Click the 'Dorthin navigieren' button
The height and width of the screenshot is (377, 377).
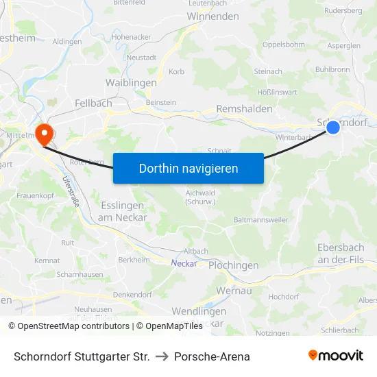(188, 168)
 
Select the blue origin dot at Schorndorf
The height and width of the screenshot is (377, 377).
(333, 127)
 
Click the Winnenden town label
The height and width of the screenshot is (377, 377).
(212, 16)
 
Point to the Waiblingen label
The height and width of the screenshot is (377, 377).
(131, 82)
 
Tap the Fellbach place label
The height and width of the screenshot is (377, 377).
(93, 103)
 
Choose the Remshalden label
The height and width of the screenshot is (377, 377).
(244, 109)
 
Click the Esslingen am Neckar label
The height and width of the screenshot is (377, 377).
(121, 211)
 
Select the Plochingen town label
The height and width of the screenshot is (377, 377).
(233, 265)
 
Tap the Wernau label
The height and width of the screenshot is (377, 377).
(234, 291)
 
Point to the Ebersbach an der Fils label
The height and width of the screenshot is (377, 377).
(345, 253)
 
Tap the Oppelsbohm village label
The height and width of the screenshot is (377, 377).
(283, 45)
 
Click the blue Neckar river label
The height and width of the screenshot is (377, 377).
(184, 263)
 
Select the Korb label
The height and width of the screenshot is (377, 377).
(176, 71)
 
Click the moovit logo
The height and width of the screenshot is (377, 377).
(336, 356)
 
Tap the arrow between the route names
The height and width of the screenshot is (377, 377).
(162, 356)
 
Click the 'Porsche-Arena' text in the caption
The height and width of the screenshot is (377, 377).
(212, 356)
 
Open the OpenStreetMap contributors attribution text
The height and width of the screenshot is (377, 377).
(69, 326)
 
